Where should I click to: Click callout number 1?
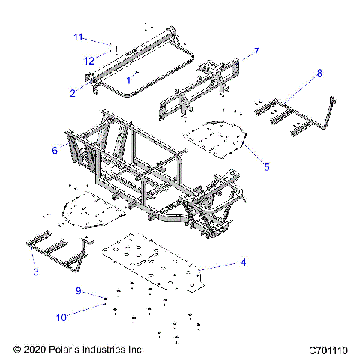(x=128, y=79)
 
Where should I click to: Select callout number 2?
(x=73, y=93)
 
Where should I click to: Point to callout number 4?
(x=244, y=262)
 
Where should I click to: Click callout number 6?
(x=55, y=151)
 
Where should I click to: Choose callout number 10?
(x=81, y=316)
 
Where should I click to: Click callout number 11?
(x=77, y=37)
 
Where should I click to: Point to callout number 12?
(x=88, y=60)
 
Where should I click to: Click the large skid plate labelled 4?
(x=157, y=262)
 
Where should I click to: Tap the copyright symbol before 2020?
(x=16, y=349)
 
